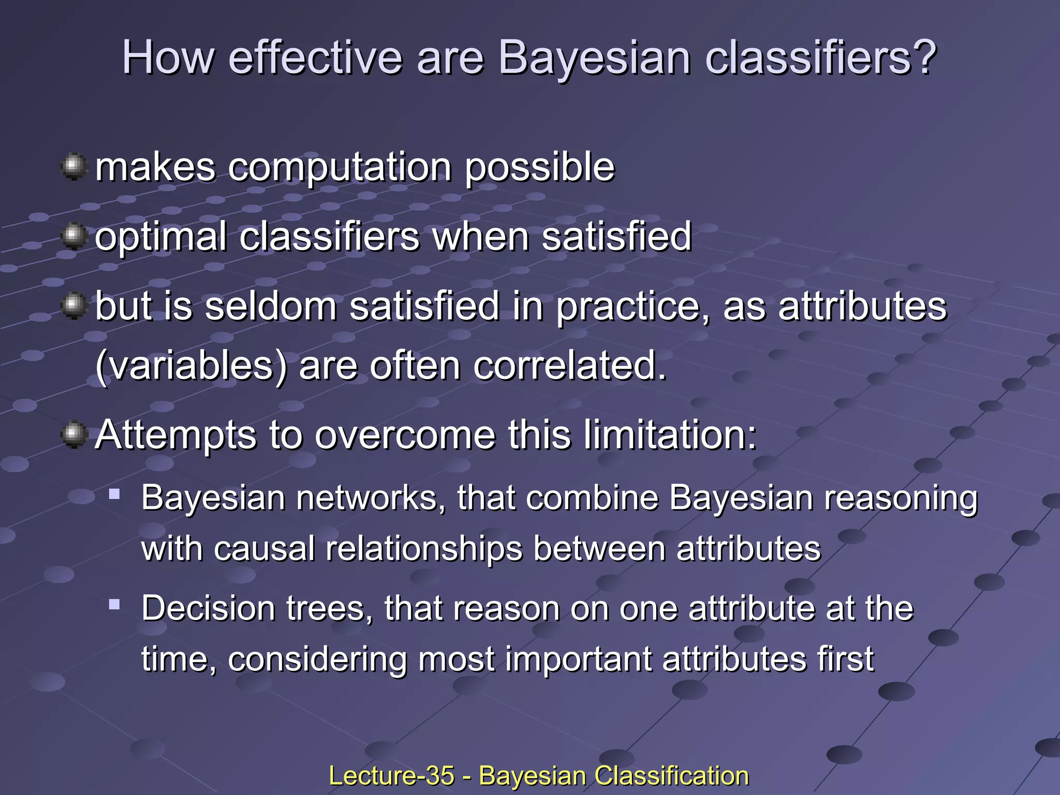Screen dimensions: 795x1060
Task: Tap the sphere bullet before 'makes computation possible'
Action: coord(74,167)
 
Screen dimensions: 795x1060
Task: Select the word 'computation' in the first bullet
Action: coord(340,168)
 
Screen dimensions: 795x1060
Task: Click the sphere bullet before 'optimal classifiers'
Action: coord(74,237)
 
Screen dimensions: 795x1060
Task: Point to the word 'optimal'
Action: coord(161,238)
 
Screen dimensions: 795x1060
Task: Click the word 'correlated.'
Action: coord(570,365)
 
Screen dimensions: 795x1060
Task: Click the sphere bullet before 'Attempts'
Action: coord(74,434)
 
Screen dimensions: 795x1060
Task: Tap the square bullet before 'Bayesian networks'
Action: coord(114,494)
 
